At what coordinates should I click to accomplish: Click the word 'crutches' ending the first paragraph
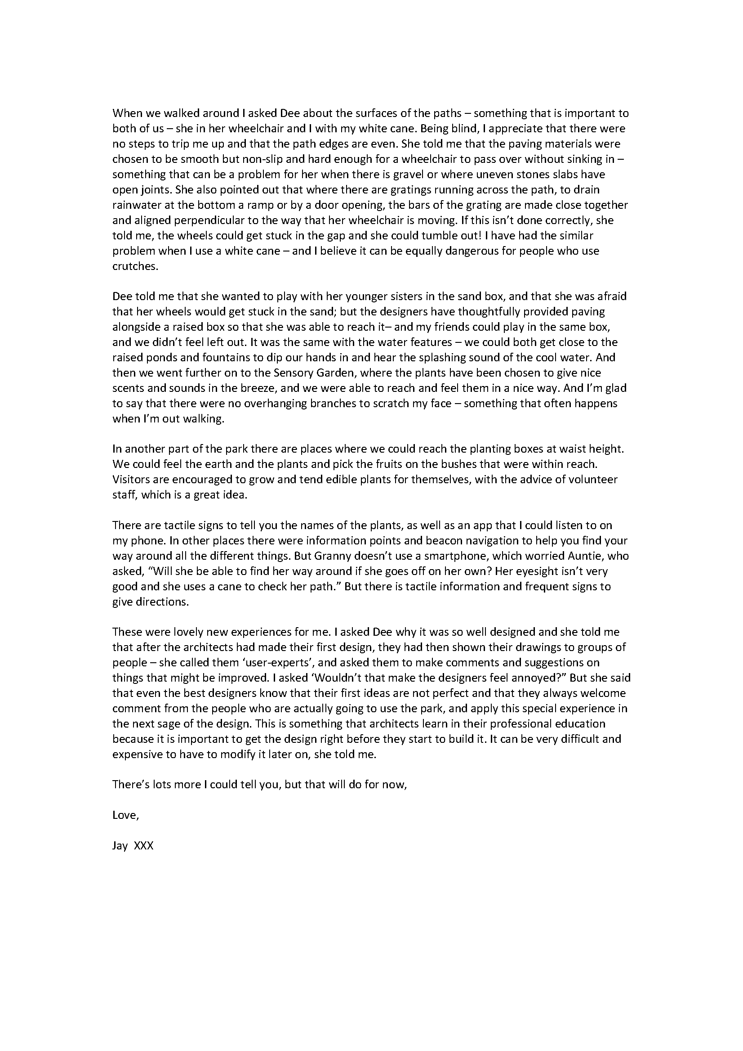pos(135,266)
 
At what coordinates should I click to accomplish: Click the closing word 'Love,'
pos(125,816)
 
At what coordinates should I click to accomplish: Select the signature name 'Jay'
pos(120,846)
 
